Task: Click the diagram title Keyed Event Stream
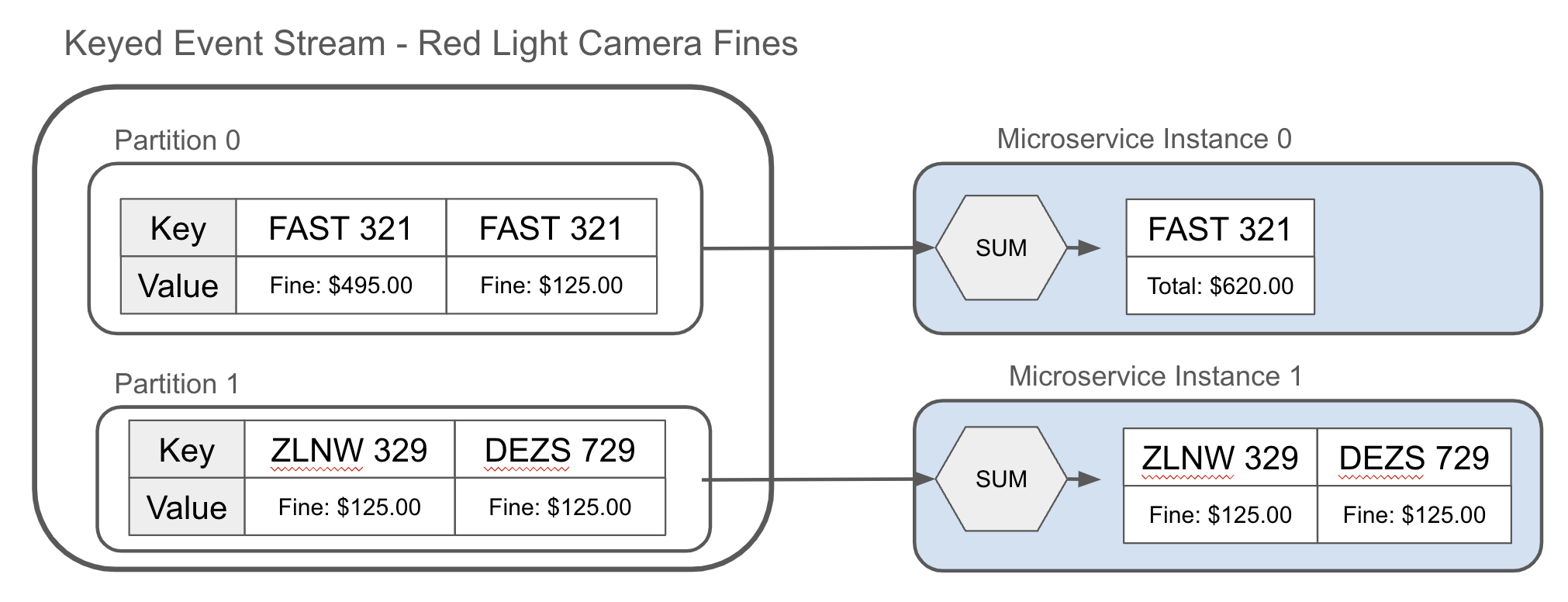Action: [430, 43]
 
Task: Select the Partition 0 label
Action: [177, 140]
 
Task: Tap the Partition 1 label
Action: [176, 384]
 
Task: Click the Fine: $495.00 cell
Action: [340, 285]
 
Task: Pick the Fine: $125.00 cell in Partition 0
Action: [551, 285]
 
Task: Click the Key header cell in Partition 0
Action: [178, 228]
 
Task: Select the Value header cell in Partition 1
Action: [187, 507]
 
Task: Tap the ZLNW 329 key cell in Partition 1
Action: [349, 450]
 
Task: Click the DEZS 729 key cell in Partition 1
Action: [559, 450]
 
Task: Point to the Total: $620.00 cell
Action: [1220, 286]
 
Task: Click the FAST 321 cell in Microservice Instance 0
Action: [1220, 229]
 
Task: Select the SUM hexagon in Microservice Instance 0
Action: [1000, 248]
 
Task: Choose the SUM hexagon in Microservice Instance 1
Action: [1000, 479]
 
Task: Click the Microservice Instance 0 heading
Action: [1144, 139]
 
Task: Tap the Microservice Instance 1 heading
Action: [1155, 376]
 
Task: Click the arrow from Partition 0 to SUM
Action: [814, 248]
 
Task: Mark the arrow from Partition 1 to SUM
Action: [814, 479]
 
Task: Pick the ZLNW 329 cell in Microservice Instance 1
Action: [1220, 458]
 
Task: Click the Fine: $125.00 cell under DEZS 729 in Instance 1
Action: [1414, 515]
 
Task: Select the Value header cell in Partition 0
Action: [178, 285]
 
